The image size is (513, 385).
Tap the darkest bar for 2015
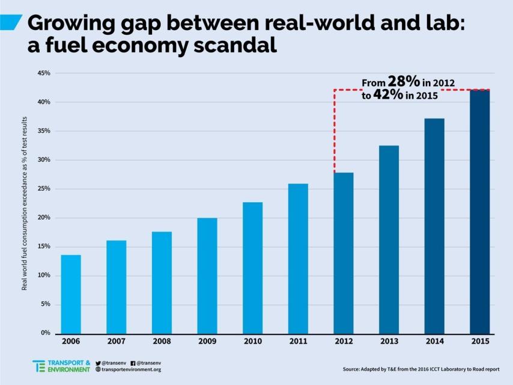tap(480, 211)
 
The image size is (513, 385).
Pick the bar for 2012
tap(344, 253)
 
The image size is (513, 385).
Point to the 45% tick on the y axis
tap(44, 73)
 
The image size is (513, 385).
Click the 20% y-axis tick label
tap(44, 218)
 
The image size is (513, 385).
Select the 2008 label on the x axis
tap(162, 342)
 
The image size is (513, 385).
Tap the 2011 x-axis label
tap(298, 342)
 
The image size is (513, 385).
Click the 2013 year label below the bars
tap(389, 342)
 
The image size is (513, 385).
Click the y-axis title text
tap(25, 203)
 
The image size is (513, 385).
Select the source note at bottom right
tap(420, 369)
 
